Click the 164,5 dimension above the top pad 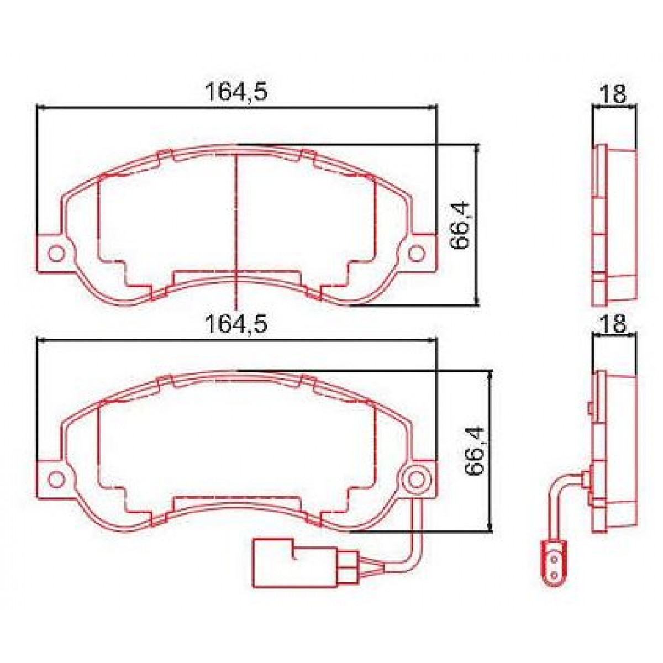coord(236,92)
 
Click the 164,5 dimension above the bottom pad coord(236,323)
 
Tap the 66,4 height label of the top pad coord(460,225)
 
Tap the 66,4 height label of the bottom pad coord(474,451)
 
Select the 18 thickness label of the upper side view coord(613,94)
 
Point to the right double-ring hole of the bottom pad coord(417,479)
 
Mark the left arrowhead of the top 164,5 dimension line coord(40,108)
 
